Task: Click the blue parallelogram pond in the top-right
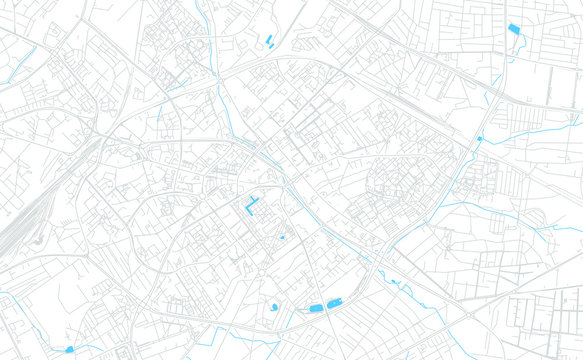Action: pos(514,30)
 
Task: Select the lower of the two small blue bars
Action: pos(271,44)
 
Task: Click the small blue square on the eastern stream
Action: pos(479,138)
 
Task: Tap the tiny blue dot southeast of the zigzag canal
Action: pos(282,237)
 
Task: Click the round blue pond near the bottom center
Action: pos(274,307)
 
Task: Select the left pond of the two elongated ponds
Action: pos(316,306)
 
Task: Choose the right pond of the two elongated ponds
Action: pos(335,302)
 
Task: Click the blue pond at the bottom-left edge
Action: pos(69,350)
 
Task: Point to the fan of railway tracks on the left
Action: pos(25,220)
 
